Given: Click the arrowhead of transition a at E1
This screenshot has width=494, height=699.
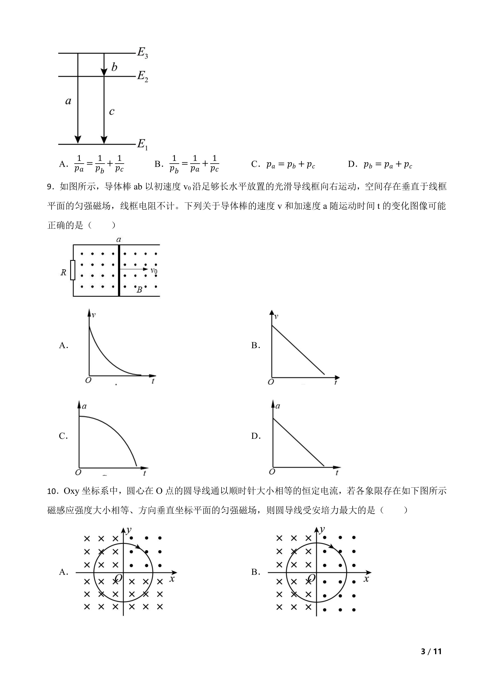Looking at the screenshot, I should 78,139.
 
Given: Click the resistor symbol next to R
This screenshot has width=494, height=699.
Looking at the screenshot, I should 73,270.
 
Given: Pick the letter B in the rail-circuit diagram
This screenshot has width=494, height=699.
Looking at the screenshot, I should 139,290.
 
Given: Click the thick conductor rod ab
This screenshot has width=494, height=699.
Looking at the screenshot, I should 119,270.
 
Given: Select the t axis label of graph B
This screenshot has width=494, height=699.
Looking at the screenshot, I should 336,382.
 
